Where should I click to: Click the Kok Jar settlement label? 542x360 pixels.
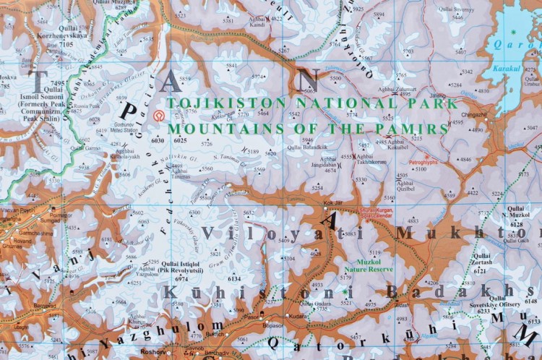[333, 203]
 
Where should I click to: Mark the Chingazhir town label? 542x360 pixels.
[474, 114]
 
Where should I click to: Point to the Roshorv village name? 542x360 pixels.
[152, 352]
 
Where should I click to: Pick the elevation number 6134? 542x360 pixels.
[234, 278]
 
